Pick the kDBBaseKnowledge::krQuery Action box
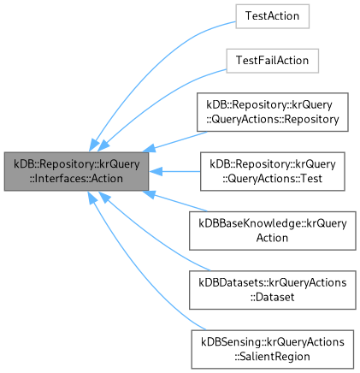[x=271, y=231]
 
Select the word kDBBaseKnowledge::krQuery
[x=271, y=224]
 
